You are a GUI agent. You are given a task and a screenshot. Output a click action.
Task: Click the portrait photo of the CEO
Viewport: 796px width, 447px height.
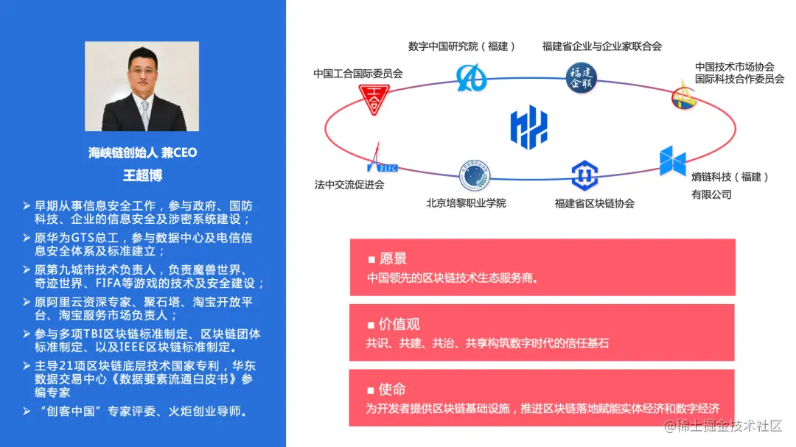point(142,86)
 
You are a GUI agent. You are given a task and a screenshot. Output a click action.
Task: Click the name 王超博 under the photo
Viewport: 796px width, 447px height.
point(142,175)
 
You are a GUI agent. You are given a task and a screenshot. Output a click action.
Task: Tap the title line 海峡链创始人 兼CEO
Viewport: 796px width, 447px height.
point(142,153)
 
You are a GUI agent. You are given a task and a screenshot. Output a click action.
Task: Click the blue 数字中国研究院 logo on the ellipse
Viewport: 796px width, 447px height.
point(471,77)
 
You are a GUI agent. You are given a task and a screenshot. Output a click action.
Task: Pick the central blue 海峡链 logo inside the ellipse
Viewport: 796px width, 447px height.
point(529,127)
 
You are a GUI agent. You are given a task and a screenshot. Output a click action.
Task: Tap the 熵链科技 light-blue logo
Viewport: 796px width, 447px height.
point(672,161)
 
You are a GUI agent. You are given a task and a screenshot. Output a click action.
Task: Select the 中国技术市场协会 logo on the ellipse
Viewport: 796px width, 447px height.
point(685,96)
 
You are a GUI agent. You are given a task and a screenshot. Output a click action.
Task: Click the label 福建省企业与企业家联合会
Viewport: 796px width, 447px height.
point(601,46)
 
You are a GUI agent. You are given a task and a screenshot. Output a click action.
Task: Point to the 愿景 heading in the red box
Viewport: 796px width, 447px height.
point(392,259)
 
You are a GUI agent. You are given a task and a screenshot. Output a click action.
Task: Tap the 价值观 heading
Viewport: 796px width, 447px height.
point(399,324)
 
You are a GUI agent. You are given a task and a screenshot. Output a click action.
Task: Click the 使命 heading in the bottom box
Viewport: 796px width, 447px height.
point(392,389)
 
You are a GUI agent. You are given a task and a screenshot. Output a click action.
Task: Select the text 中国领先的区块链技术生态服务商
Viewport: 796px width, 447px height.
point(453,278)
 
